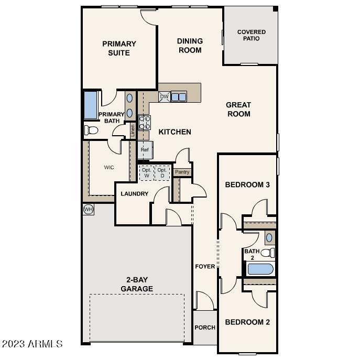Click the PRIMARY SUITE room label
click(119, 48)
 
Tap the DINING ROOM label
click(190, 46)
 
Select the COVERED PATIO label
click(251, 36)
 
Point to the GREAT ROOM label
click(238, 109)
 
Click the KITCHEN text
click(175, 132)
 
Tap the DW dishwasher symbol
click(164, 97)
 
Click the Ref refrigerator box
click(145, 149)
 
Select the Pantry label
click(182, 172)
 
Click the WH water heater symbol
click(88, 209)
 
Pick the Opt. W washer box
click(147, 173)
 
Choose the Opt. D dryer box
click(162, 173)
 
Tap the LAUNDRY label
click(134, 194)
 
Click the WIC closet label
click(109, 168)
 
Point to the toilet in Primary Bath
click(91, 130)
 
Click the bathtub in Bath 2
click(260, 269)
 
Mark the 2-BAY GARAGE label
click(137, 285)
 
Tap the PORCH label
click(205, 328)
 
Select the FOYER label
click(205, 266)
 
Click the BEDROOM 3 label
click(247, 185)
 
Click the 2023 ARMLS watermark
click(32, 344)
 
